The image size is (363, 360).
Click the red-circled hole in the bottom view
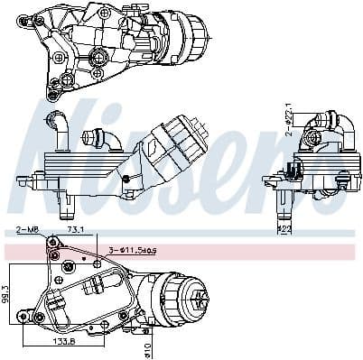click(x=53, y=256)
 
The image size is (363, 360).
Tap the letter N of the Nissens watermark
click(x=54, y=135)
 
